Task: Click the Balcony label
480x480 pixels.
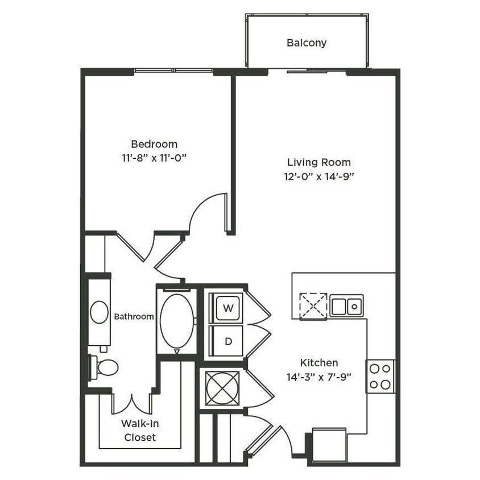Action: point(307,43)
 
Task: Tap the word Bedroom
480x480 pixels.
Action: point(154,144)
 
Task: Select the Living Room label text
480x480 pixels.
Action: point(318,162)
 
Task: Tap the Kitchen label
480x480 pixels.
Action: point(319,362)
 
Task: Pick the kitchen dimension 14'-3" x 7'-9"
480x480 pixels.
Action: point(319,375)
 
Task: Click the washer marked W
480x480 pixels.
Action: point(228,308)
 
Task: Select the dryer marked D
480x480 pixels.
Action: point(228,341)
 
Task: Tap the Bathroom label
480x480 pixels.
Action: point(134,316)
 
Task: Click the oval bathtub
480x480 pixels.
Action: point(176,321)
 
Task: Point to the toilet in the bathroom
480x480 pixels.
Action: point(104,367)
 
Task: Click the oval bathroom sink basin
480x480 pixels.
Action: point(100,312)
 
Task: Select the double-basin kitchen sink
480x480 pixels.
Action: point(346,306)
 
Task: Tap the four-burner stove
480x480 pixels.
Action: point(380,376)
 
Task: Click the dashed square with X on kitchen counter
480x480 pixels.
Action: point(313,305)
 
